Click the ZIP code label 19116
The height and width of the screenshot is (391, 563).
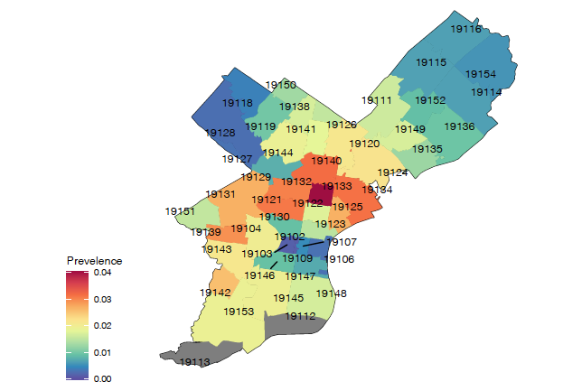click(465, 30)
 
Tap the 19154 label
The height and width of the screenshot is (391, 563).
click(480, 74)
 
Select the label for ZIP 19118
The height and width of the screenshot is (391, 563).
click(237, 103)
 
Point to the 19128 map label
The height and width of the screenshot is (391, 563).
click(221, 133)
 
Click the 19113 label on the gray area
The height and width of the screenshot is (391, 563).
click(194, 362)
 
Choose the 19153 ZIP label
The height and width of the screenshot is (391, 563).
click(239, 311)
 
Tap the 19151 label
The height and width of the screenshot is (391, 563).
click(181, 211)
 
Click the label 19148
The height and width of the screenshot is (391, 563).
click(332, 293)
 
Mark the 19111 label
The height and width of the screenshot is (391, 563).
click(377, 100)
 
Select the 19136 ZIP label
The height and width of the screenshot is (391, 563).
click(459, 126)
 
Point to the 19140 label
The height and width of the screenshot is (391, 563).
click(326, 160)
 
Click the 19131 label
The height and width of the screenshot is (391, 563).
click(221, 194)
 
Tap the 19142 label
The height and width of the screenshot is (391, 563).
click(215, 293)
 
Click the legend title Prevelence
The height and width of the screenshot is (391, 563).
click(95, 261)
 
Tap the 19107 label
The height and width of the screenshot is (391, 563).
click(342, 242)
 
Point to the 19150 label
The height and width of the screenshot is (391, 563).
click(280, 85)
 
